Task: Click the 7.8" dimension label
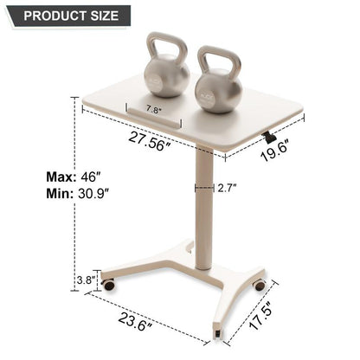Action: click(155, 110)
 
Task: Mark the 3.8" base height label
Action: click(85, 280)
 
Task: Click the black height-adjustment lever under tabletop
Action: click(270, 136)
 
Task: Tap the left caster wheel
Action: click(108, 283)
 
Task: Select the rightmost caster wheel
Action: click(259, 285)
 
